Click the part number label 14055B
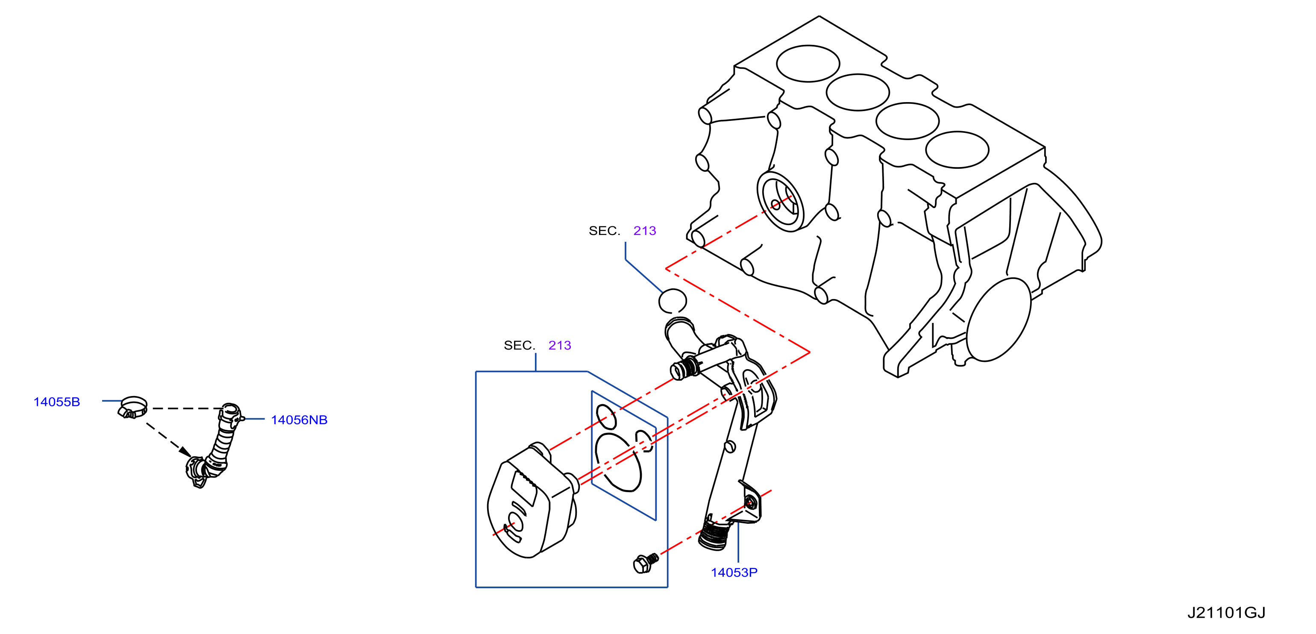57,402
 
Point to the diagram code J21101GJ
1226,612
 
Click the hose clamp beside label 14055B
133,407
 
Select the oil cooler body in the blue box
531,501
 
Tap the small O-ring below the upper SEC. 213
672,301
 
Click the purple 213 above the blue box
559,345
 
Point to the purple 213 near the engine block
644,231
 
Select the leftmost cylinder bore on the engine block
808,63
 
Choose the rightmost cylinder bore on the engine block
957,150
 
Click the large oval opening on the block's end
998,320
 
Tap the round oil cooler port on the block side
780,201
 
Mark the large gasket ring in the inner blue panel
618,462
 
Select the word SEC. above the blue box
519,345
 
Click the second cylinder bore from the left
858,92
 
